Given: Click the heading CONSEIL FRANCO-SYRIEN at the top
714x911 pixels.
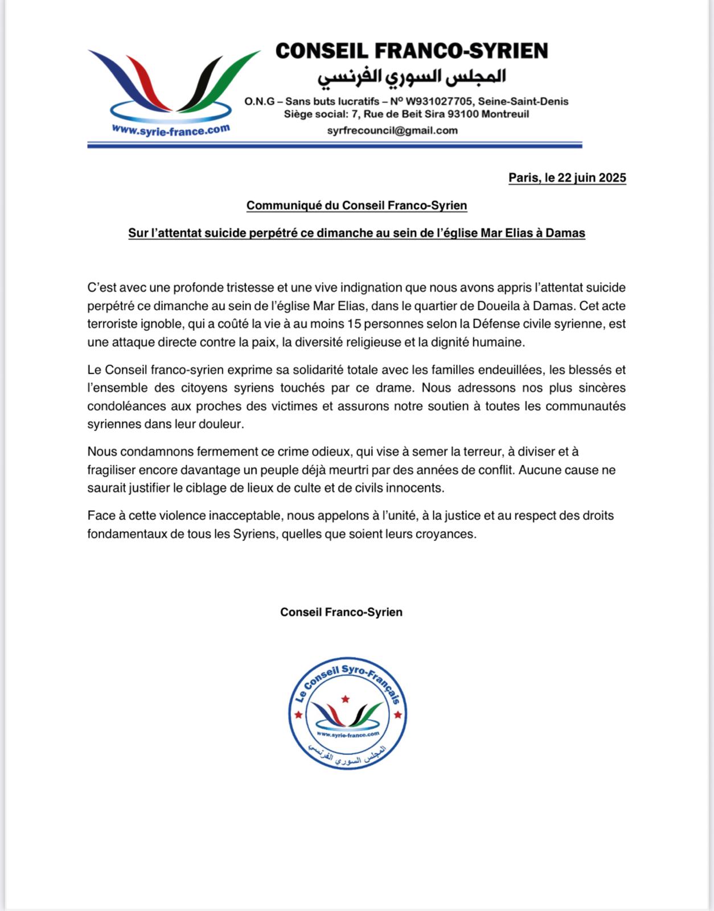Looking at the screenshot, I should click(412, 51).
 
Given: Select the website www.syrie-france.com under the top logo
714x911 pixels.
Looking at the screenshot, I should click(171, 130).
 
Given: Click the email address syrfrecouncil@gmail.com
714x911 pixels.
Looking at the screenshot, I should click(392, 130).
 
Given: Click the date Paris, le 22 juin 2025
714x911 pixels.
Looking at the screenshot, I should click(567, 178).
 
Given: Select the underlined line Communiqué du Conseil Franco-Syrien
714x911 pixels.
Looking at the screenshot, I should click(356, 206).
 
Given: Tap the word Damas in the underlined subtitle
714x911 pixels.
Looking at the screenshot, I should click(565, 233).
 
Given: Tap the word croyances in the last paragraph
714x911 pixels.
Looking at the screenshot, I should click(447, 534).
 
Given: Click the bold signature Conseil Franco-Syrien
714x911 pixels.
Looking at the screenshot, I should click(341, 612).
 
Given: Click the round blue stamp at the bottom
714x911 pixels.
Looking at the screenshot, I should click(347, 715).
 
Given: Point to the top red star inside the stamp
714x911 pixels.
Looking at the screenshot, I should click(344, 698).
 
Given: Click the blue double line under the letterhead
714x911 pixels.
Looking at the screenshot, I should click(335, 145).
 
